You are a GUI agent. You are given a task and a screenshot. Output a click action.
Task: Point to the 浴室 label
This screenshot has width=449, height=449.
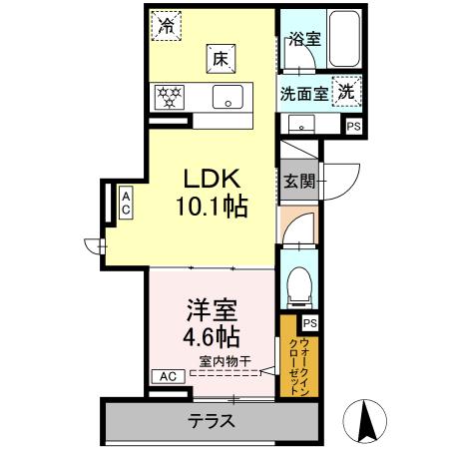click(302, 40)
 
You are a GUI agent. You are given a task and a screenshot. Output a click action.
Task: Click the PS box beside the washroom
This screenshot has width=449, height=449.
click(353, 126)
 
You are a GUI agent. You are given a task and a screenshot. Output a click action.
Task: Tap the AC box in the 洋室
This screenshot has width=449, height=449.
click(166, 376)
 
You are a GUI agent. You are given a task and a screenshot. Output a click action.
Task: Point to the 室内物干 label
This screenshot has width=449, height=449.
click(223, 360)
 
